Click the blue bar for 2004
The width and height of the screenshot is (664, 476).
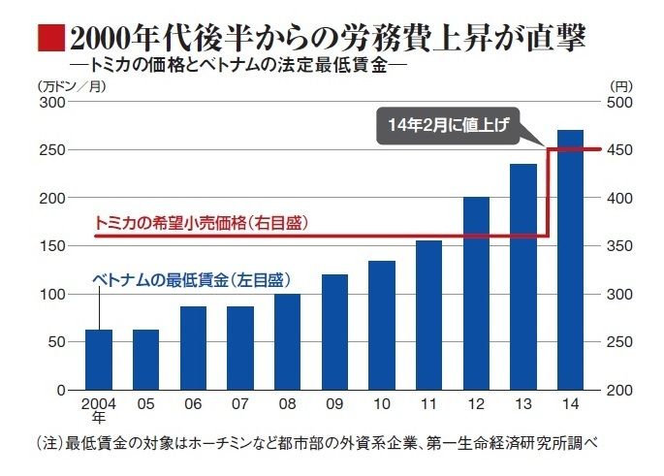point(99,360)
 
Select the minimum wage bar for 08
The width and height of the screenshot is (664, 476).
point(288,342)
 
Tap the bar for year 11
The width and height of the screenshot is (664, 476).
point(429,315)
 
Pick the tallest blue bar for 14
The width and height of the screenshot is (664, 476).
point(570,260)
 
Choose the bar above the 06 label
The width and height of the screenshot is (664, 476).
point(193,348)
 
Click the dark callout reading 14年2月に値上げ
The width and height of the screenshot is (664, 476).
point(448,125)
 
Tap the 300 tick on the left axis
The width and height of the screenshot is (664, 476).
point(52,102)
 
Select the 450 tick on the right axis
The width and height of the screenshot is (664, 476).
point(619,150)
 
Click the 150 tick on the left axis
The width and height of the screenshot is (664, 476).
point(52,246)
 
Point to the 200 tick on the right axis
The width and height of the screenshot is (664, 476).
point(619,390)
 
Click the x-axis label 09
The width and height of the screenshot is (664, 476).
point(334,404)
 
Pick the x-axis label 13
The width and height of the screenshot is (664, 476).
point(523,404)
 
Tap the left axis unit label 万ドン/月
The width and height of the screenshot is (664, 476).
point(72,86)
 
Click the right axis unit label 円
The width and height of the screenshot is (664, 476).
point(621,86)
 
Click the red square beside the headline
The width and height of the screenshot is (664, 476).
point(51,38)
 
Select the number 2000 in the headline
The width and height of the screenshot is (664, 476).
point(99,39)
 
